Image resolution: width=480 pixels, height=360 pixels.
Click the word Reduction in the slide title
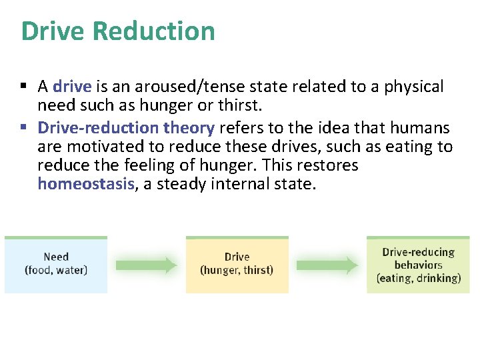tap(153, 31)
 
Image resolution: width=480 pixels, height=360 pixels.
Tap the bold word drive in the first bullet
tap(71, 87)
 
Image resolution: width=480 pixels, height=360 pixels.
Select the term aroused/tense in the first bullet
tap(175, 87)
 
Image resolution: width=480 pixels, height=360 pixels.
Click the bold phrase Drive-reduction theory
tap(126, 127)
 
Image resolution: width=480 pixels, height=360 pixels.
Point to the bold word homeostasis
tap(86, 184)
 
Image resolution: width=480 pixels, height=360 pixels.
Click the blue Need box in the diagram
tap(56, 265)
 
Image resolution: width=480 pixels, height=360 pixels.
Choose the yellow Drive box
tap(237, 265)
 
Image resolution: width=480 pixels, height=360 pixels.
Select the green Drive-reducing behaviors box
tap(418, 265)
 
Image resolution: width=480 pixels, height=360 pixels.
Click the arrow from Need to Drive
tap(146, 265)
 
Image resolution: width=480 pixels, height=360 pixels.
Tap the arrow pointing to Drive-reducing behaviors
tap(327, 265)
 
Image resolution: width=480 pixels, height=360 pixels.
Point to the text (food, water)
tap(56, 271)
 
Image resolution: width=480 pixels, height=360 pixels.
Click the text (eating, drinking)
tap(418, 279)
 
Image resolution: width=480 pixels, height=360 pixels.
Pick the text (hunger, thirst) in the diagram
tap(237, 271)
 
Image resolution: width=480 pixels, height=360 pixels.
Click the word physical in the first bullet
tap(413, 87)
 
